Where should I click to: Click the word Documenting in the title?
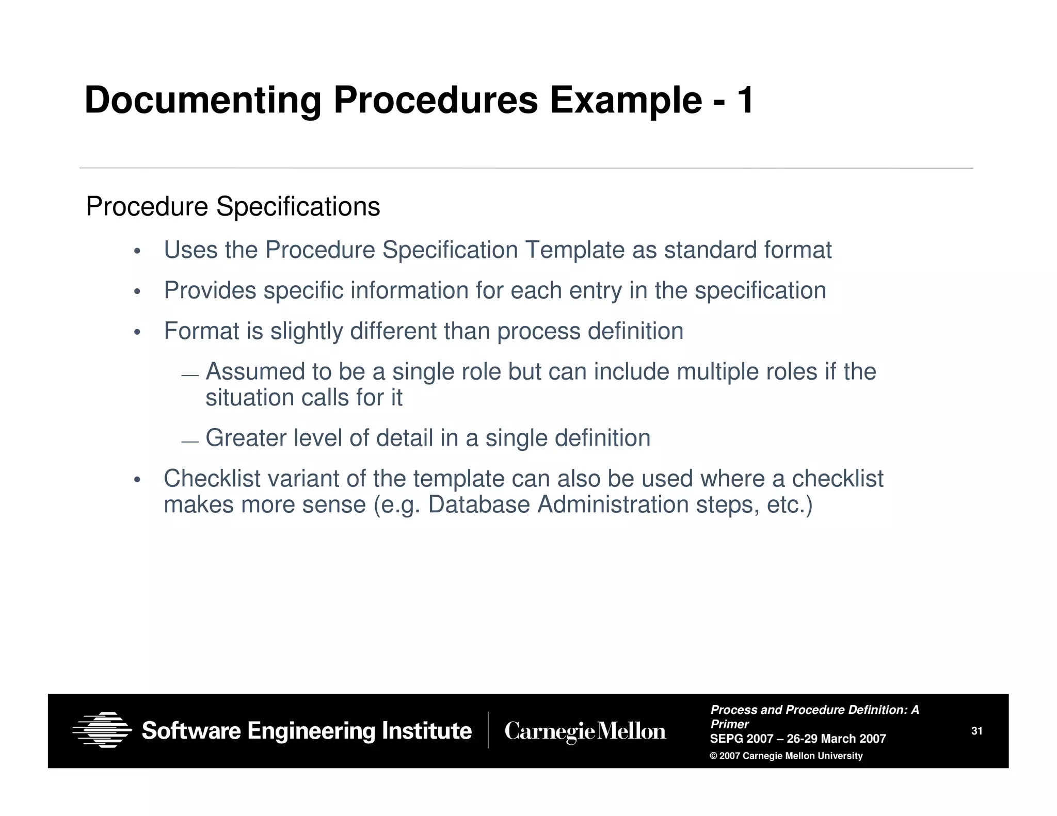click(202, 100)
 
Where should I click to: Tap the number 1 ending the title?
click(745, 100)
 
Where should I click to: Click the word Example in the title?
click(626, 100)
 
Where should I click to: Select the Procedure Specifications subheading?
click(233, 207)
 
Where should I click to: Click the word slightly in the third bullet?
click(307, 331)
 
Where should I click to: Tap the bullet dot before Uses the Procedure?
click(137, 252)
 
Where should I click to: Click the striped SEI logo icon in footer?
click(102, 730)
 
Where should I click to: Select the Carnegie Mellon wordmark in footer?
click(585, 731)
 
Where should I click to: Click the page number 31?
click(976, 731)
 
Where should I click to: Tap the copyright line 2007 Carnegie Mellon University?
click(786, 756)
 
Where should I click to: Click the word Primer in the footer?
click(729, 724)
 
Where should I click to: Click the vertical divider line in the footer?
click(488, 730)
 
